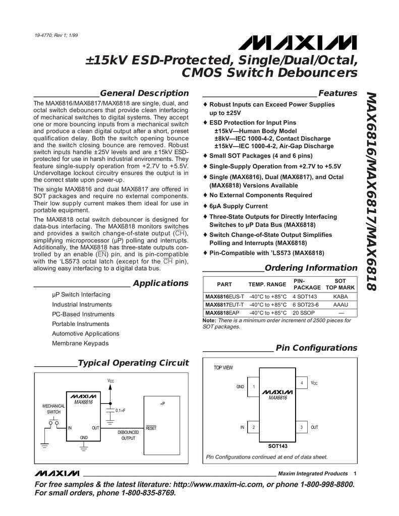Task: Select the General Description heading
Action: [x=144, y=93]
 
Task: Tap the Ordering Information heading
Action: [x=311, y=268]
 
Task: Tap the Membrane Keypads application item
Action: [x=80, y=343]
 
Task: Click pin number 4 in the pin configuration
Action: [x=301, y=384]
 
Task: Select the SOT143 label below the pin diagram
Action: [x=277, y=446]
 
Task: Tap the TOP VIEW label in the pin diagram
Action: [x=223, y=368]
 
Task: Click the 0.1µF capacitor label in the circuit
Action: [x=120, y=411]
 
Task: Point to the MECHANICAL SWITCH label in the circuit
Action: [x=53, y=409]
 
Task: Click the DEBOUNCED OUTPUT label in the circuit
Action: [x=128, y=435]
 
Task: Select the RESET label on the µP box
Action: [x=151, y=428]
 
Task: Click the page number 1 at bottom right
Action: [x=355, y=473]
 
